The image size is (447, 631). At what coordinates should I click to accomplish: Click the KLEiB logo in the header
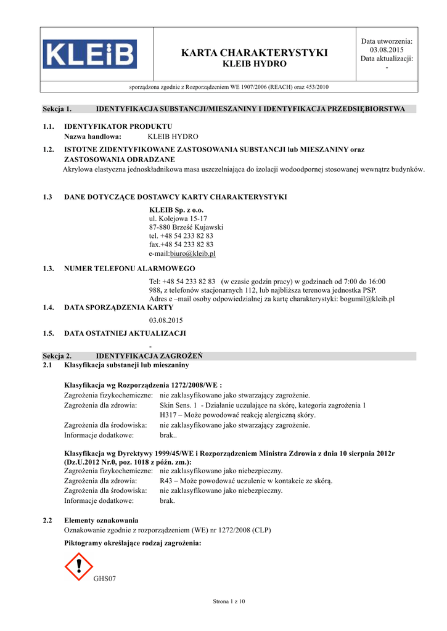tap(90, 54)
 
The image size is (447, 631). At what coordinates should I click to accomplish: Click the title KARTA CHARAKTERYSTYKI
tap(255, 53)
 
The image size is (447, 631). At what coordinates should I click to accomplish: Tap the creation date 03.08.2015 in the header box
tap(387, 50)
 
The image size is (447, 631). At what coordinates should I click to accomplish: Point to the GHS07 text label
tap(105, 579)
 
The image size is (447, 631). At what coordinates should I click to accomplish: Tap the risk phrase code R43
tap(167, 481)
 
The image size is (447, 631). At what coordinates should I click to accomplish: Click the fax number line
tap(181, 245)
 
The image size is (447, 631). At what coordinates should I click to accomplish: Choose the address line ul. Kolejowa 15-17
tap(178, 219)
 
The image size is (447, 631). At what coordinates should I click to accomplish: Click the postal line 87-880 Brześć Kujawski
tap(186, 227)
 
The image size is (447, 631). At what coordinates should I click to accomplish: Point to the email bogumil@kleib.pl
tap(367, 299)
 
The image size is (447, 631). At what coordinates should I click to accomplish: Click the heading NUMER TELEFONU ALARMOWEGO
tap(129, 269)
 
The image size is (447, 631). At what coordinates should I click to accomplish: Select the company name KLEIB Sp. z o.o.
tap(176, 210)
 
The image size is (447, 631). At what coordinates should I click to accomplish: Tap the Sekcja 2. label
tap(57, 356)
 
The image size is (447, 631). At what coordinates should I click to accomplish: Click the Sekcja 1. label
tap(57, 109)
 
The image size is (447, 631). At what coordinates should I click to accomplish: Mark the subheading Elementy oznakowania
tap(101, 520)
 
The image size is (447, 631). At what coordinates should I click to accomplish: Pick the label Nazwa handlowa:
tap(93, 136)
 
